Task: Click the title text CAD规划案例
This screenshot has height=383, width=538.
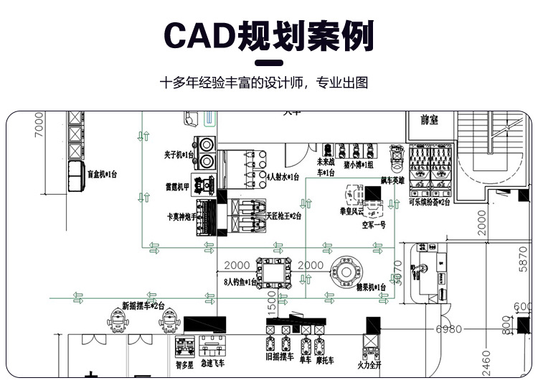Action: [269, 35]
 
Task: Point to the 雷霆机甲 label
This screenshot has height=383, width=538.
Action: [177, 187]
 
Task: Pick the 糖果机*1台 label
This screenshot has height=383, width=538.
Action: [370, 287]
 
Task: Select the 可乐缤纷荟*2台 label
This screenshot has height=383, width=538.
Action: [430, 203]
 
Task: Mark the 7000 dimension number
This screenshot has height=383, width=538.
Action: [39, 126]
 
